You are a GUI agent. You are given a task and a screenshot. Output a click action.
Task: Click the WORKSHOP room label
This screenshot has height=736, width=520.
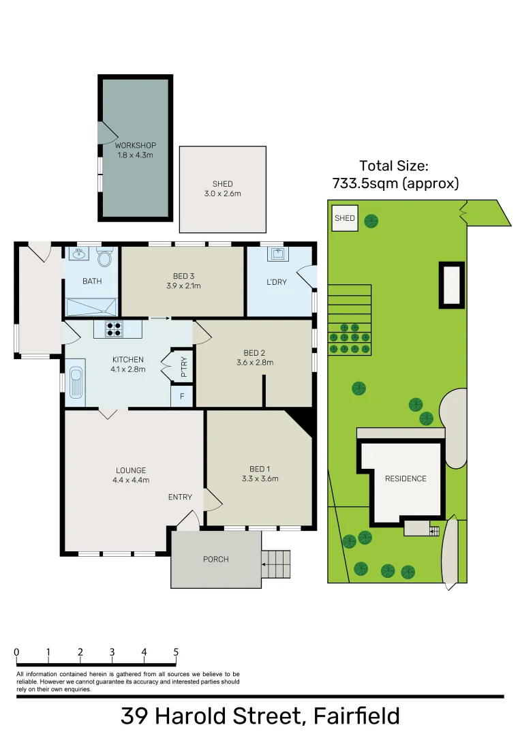click(x=136, y=145)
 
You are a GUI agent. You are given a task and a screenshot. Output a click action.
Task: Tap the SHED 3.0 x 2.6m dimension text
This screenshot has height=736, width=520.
click(x=222, y=194)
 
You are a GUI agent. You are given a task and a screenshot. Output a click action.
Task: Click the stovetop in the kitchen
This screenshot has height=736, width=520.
click(x=114, y=329)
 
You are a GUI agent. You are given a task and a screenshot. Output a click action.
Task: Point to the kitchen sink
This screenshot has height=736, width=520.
click(x=74, y=385)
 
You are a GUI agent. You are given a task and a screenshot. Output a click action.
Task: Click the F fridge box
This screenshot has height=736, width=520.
click(x=182, y=396)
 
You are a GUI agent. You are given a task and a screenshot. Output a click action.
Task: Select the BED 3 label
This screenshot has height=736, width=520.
click(x=183, y=276)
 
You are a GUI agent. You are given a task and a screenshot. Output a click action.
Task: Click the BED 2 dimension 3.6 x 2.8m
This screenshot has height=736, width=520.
click(x=254, y=363)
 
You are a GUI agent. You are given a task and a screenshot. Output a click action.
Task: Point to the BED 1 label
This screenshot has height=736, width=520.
click(x=260, y=469)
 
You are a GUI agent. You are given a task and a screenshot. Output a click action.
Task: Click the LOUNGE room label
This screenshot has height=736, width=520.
click(x=131, y=470)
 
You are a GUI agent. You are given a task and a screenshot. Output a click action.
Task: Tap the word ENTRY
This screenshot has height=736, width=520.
click(x=180, y=497)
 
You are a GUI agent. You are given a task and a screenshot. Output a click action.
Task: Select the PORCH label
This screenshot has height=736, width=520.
click(x=216, y=559)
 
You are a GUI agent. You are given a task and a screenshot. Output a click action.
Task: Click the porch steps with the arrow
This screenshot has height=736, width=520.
click(x=277, y=564)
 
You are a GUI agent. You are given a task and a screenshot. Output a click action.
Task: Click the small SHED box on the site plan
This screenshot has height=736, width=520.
click(x=344, y=219)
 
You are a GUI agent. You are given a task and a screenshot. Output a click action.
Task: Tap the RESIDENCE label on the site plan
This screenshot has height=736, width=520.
click(x=406, y=479)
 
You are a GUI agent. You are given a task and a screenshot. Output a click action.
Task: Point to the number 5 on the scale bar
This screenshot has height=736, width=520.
click(x=176, y=652)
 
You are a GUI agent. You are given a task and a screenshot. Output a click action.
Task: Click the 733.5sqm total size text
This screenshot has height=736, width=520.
click(x=395, y=183)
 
